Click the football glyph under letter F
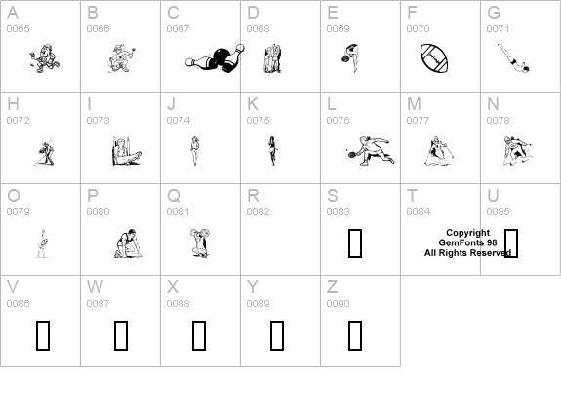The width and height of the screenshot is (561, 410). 434,58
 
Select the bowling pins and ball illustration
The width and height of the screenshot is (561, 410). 215,58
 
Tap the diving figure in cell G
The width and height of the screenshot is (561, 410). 514,58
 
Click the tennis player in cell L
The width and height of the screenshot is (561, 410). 371,150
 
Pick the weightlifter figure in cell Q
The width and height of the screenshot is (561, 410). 200,242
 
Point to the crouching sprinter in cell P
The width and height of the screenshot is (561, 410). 129,243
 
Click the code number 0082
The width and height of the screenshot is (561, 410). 258,211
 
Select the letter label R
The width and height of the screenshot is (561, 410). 253,196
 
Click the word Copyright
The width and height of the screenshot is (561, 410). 468,233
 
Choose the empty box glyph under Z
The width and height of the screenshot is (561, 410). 355,336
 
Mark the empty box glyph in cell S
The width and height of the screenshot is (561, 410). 355,243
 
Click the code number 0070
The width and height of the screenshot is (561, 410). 418,28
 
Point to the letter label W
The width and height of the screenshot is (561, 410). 95,286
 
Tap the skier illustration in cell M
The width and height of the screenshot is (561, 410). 439,151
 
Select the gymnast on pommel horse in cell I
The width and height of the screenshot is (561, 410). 127,151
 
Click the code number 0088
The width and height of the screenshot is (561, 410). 178,303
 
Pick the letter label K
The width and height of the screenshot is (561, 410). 253,104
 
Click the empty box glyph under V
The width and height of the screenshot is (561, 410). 43,336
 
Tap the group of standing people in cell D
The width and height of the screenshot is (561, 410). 272,58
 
